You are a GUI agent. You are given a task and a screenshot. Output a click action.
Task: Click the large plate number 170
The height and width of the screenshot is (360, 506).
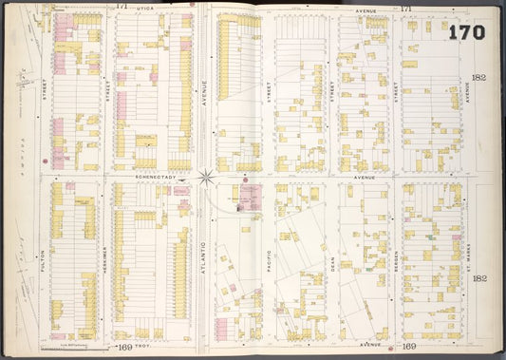tap(466, 32)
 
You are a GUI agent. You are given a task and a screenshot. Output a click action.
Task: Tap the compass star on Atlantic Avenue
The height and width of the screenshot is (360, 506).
tap(206, 177)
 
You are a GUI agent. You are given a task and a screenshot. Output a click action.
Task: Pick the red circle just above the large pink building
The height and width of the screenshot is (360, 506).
tap(245, 179)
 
